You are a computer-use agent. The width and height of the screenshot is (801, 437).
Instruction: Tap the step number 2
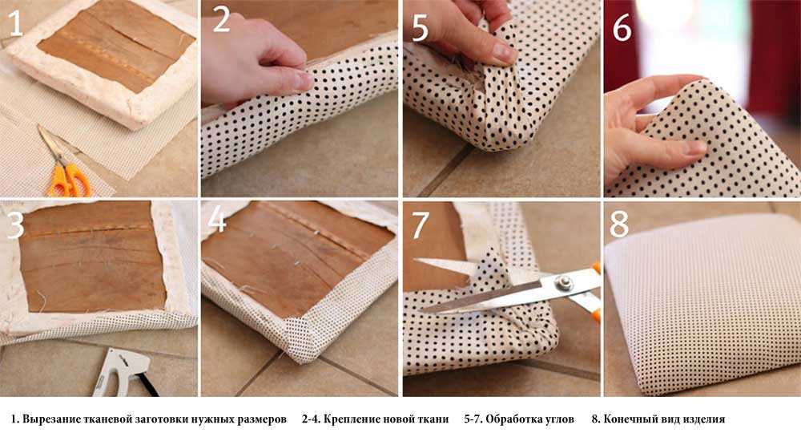221,19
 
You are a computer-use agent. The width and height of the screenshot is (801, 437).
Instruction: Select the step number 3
14,226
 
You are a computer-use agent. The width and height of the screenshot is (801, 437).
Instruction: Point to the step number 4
216,220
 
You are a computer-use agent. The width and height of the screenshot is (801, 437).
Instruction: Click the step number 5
420,28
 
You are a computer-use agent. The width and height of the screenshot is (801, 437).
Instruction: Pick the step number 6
622,28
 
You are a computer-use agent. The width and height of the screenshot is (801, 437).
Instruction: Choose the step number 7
421,226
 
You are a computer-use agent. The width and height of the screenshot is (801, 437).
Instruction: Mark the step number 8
619,224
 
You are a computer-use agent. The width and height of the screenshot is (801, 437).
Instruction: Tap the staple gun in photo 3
123,373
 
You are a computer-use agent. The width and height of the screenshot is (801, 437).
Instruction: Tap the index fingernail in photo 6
695,148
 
